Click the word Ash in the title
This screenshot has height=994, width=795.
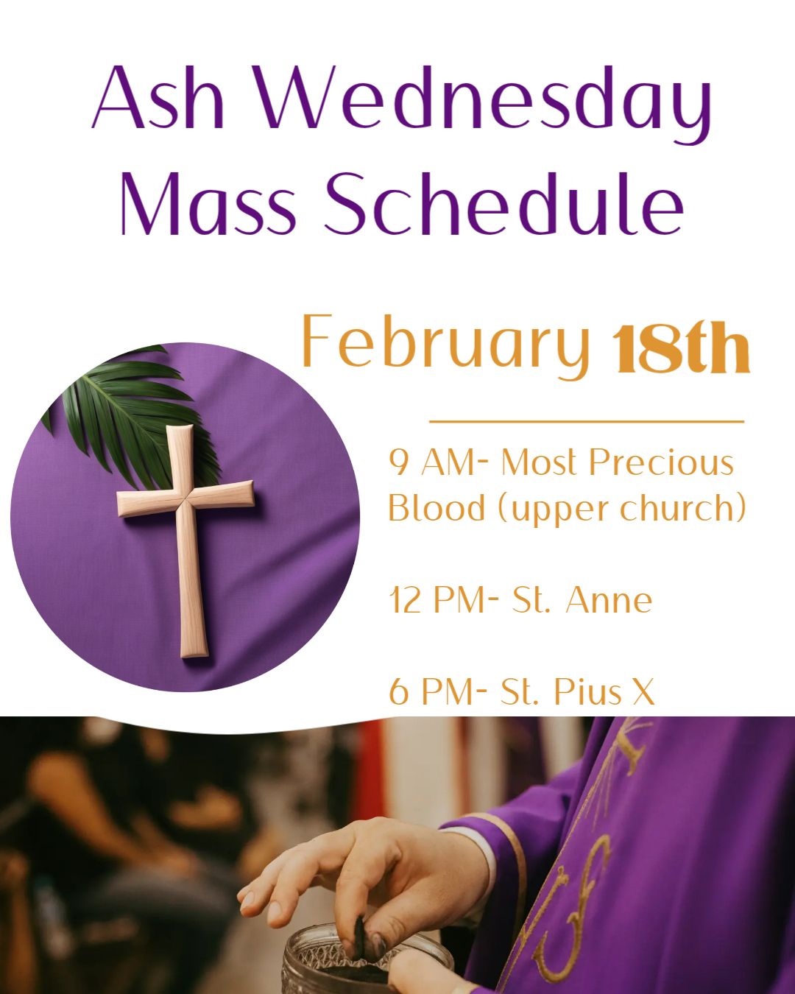tap(158, 97)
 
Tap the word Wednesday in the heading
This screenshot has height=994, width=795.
tap(483, 105)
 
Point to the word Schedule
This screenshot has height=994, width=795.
tap(504, 203)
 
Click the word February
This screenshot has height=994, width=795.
tap(446, 346)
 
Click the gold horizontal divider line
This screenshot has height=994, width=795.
tap(587, 422)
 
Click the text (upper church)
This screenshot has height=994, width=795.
tap(622, 509)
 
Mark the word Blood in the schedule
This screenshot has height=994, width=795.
tap(437, 507)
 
